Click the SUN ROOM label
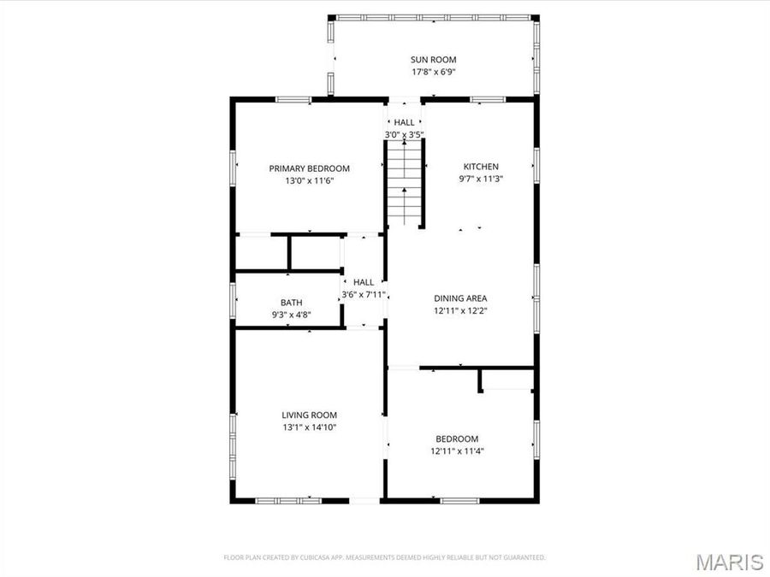(433, 60)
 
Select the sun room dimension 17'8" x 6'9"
(433, 72)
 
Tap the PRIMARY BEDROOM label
(309, 168)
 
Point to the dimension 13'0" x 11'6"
(309, 180)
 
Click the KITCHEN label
(481, 167)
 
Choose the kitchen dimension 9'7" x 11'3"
(481, 179)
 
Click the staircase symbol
(405, 183)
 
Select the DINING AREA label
(460, 298)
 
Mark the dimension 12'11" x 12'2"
(460, 311)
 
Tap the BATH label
(291, 303)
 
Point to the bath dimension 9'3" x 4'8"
(291, 315)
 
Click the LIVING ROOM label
(309, 415)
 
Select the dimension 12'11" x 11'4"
(457, 450)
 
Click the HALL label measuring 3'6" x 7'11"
(364, 282)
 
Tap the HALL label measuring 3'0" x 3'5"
(404, 122)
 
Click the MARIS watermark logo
(729, 562)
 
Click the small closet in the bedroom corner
(507, 380)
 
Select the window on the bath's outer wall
(233, 301)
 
